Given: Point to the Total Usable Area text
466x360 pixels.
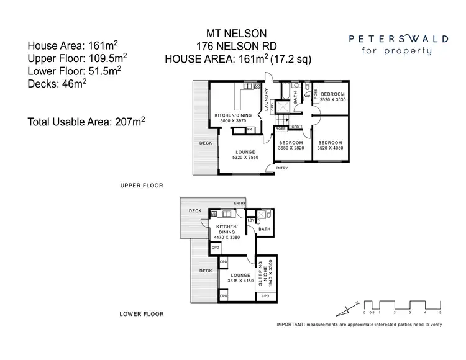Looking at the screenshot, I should tap(86, 122).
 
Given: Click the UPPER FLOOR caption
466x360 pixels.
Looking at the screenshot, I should tap(142, 185).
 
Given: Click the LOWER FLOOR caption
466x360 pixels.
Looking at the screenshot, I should tap(142, 314).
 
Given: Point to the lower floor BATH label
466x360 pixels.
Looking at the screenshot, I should tap(264, 230).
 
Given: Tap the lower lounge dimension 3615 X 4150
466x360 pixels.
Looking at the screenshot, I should tap(240, 281).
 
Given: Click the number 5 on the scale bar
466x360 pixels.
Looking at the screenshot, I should tap(440, 313).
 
